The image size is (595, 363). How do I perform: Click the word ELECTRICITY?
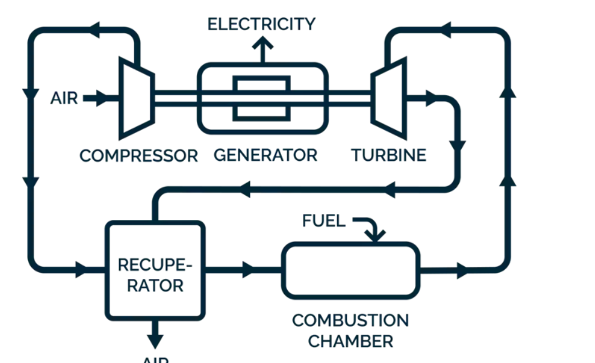click(x=261, y=24)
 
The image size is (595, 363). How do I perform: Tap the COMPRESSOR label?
click(x=139, y=156)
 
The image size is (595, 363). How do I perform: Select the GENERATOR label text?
click(x=265, y=155)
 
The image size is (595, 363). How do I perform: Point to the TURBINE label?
click(x=389, y=155)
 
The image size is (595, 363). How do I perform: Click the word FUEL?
click(x=324, y=221)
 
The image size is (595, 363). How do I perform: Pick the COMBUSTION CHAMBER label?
click(x=350, y=331)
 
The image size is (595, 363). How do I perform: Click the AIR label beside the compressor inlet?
click(x=64, y=98)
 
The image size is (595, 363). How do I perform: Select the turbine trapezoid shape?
click(x=389, y=98)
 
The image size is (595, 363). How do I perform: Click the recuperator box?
click(x=155, y=270)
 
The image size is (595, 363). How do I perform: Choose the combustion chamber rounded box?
click(x=350, y=271)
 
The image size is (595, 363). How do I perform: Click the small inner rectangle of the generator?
click(x=261, y=98)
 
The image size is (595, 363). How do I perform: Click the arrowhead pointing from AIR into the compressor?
click(x=103, y=98)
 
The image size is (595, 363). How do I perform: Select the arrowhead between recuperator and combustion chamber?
click(x=248, y=270)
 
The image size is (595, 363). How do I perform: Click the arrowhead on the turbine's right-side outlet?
click(x=431, y=98)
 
